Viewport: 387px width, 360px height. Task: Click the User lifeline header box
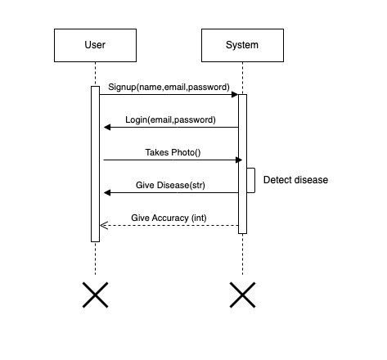(x=95, y=45)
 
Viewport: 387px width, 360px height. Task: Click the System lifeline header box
(x=241, y=45)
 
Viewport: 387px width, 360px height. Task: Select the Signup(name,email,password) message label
(x=169, y=87)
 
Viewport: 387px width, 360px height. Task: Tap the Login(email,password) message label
(x=170, y=119)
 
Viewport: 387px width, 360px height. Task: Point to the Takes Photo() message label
(x=173, y=152)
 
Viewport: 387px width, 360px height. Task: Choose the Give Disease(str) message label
(x=170, y=185)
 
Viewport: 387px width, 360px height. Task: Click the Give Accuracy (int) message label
(x=169, y=218)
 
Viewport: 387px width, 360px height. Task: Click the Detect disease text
(x=295, y=179)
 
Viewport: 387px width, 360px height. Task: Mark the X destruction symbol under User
(x=95, y=295)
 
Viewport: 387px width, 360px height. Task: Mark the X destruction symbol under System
(x=242, y=295)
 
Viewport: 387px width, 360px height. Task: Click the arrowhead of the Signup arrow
(x=234, y=95)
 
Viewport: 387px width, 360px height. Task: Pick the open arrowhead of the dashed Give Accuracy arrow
(x=104, y=226)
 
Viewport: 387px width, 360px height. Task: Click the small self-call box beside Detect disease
(x=251, y=180)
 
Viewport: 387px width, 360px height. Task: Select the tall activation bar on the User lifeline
(x=95, y=164)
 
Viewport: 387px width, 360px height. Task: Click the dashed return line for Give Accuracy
(x=172, y=226)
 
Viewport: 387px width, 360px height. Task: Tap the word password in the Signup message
(x=209, y=87)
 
